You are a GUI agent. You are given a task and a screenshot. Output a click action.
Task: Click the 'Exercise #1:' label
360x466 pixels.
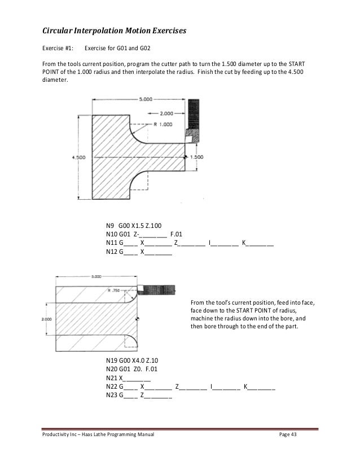coord(59,48)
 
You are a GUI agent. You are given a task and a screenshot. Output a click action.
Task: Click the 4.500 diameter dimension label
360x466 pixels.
coord(78,157)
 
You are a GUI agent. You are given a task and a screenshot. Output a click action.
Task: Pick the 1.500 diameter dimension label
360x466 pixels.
coord(197,157)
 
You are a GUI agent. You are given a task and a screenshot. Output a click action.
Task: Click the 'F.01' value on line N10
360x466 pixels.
coord(175,235)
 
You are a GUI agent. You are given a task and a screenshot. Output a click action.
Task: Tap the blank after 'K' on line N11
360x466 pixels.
coord(261,244)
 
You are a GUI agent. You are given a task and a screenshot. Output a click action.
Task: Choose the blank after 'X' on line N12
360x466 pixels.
coord(159,253)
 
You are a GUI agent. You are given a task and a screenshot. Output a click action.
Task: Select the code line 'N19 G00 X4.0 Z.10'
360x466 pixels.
coord(135,359)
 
